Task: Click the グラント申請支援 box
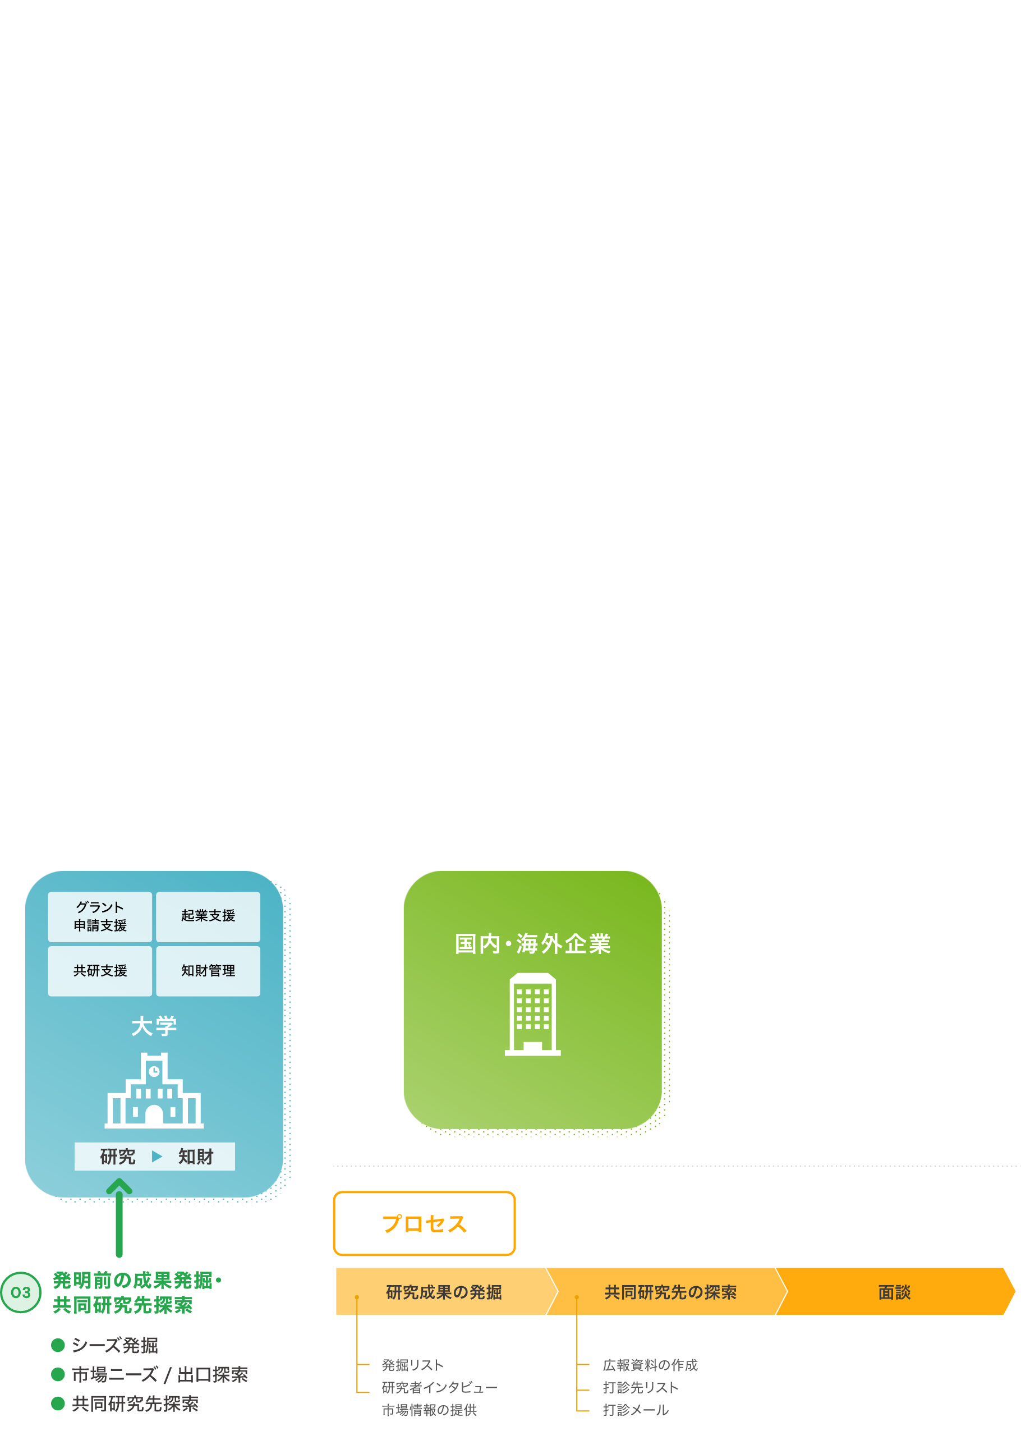[x=100, y=916]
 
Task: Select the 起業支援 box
[x=208, y=916]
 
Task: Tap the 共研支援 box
[x=100, y=971]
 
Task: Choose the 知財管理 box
[x=208, y=971]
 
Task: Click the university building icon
[x=154, y=1091]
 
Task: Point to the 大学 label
[x=154, y=1026]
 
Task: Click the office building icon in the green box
[x=532, y=1014]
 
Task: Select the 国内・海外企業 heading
[x=532, y=944]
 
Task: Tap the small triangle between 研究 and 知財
[x=157, y=1156]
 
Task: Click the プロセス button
[x=424, y=1223]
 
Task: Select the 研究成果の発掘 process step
[x=444, y=1292]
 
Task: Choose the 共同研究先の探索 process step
[x=670, y=1292]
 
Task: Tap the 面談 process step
[x=894, y=1292]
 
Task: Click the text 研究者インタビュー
[x=439, y=1388]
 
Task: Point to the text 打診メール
[x=636, y=1410]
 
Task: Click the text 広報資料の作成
[x=650, y=1365]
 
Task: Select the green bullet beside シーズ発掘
[x=58, y=1345]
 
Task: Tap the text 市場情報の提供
[x=429, y=1410]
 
